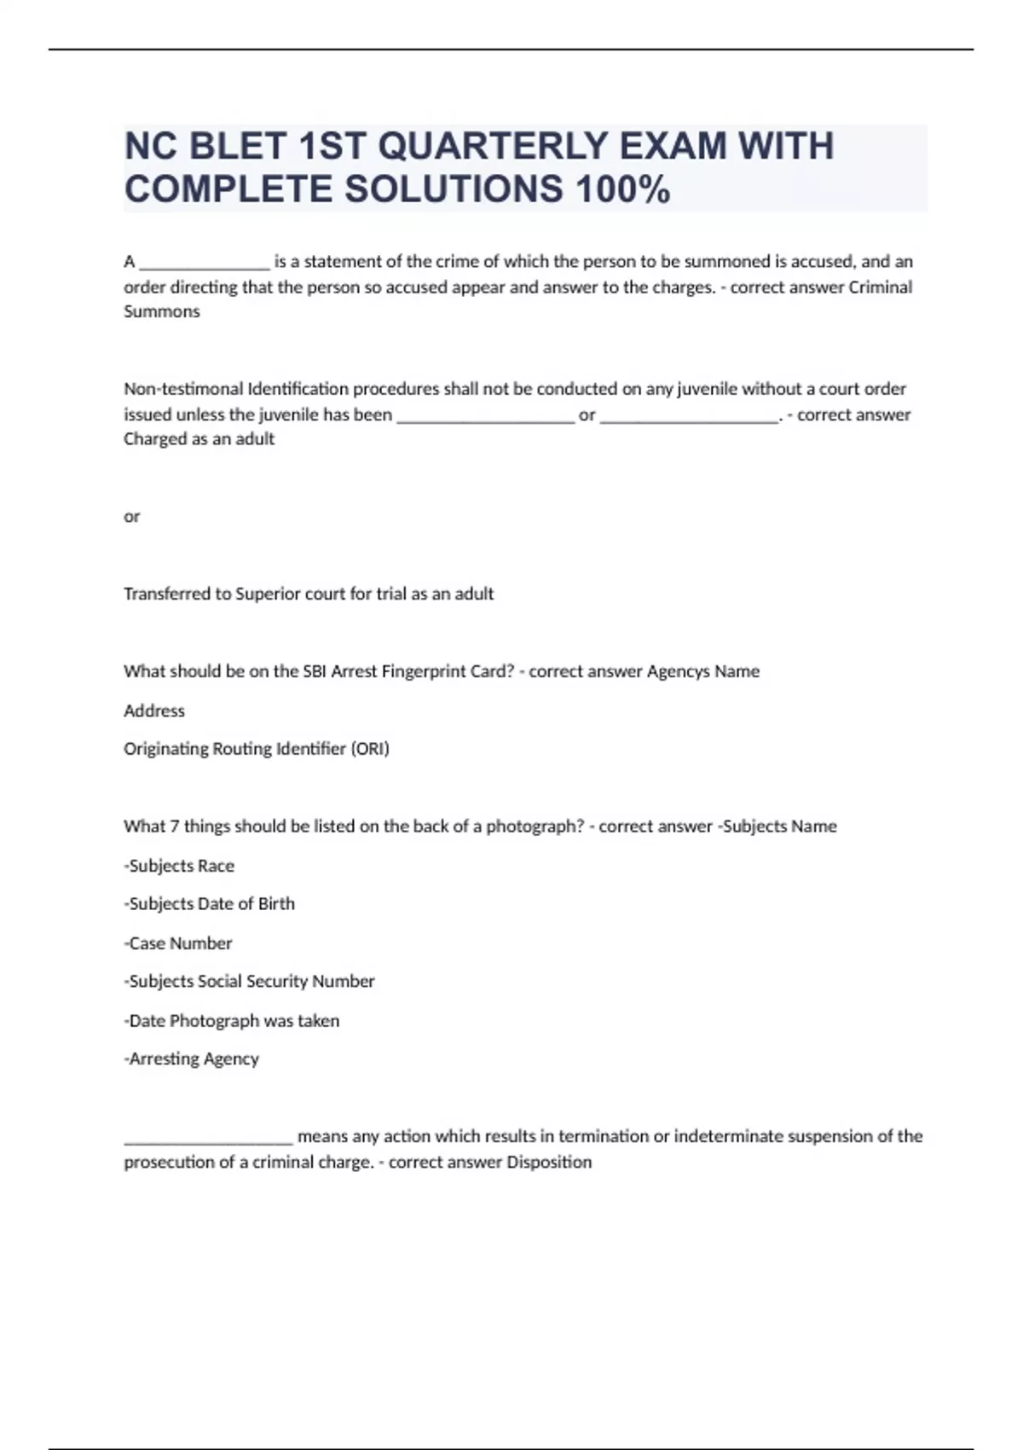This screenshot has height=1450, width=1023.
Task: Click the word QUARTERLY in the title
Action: pos(493,146)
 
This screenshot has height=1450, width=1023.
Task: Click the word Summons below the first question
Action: pos(162,311)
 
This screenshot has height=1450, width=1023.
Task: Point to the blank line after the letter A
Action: pos(205,263)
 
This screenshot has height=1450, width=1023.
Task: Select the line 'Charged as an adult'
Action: pos(199,438)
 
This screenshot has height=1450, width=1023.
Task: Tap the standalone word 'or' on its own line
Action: pos(131,516)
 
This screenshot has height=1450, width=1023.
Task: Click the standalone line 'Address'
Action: pos(154,710)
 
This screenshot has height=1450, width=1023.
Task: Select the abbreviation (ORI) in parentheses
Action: pos(370,749)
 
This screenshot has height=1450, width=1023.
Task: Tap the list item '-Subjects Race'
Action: pos(179,866)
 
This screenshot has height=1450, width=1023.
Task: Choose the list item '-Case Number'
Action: pos(178,943)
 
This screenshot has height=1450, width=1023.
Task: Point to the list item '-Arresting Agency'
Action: pos(192,1058)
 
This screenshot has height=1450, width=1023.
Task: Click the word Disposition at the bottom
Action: pos(549,1162)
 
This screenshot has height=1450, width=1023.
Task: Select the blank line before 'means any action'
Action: pos(209,1138)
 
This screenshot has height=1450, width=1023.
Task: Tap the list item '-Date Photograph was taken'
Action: pos(232,1020)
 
